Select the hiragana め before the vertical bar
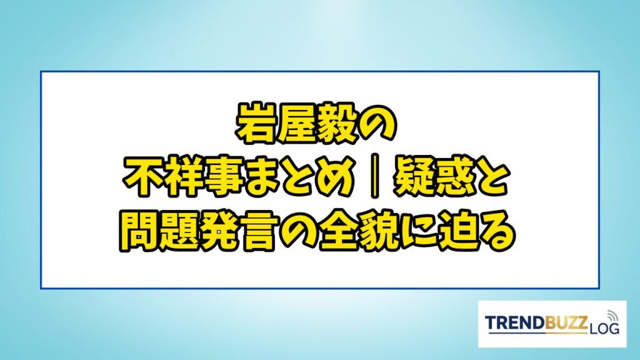click(334, 179)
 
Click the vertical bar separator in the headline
click(374, 179)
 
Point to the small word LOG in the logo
click(604, 328)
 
